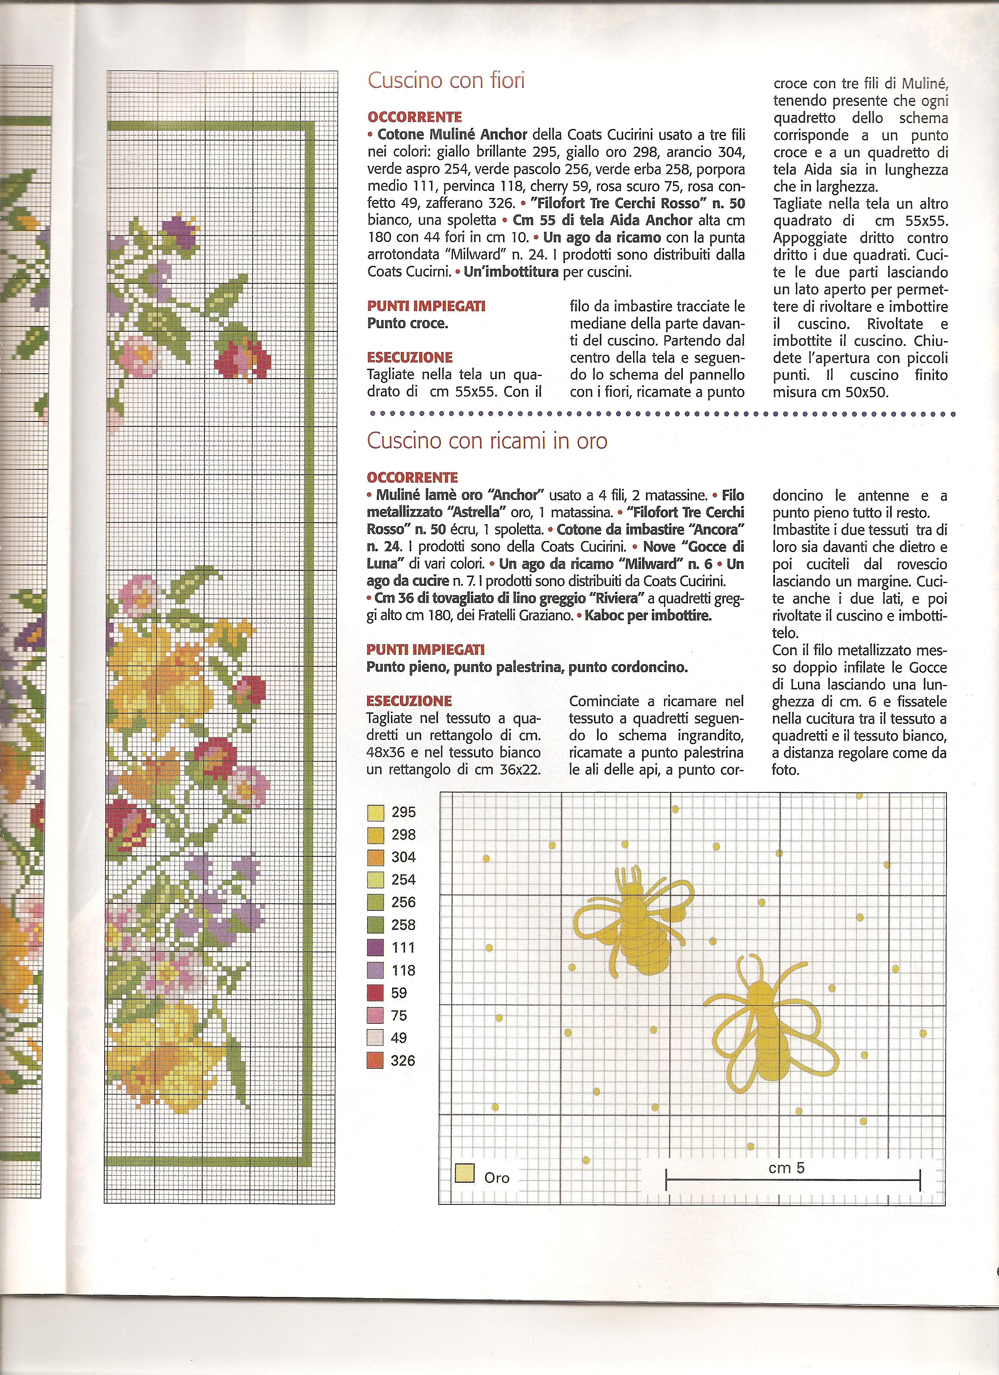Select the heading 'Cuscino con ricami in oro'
point(487,441)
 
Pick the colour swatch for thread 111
point(376,948)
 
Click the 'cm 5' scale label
point(786,1168)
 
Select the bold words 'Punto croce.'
point(407,323)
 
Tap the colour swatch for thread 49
point(376,1038)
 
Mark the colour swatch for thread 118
point(376,970)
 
